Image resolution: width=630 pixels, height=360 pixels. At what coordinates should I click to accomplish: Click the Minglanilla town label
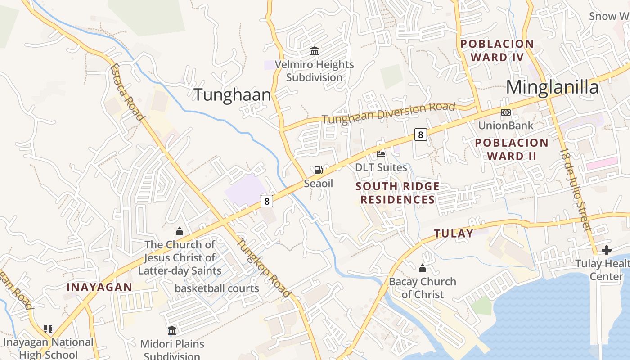[x=552, y=87]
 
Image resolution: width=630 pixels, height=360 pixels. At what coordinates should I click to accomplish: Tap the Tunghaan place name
[x=232, y=95]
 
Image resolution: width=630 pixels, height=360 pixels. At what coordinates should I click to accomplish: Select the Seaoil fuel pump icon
[x=318, y=170]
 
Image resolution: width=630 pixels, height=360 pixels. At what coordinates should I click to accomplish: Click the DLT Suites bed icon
[x=381, y=154]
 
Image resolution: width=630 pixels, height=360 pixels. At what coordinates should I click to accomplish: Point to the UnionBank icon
[x=505, y=112]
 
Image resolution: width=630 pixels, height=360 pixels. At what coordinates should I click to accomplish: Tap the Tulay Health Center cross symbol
[x=606, y=250]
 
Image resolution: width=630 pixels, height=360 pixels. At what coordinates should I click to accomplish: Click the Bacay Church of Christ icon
[x=422, y=269]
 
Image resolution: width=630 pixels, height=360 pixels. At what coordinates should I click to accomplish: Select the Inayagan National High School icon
[x=48, y=329]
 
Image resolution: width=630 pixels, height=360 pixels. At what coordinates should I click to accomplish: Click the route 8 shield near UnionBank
[x=420, y=135]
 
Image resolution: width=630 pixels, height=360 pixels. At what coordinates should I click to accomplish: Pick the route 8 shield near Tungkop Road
[x=267, y=201]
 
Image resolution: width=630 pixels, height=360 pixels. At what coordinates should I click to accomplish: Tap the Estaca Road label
[x=127, y=93]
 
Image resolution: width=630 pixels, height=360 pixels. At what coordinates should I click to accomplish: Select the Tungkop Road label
[x=264, y=267]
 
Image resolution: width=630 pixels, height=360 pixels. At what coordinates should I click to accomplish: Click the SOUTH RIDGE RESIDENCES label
[x=398, y=193]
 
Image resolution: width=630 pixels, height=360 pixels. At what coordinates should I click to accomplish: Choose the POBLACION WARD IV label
[x=497, y=50]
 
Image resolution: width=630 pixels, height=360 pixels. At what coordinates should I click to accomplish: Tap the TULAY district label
[x=454, y=234]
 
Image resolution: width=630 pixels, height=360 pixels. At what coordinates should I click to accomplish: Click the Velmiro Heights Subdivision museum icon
[x=315, y=51]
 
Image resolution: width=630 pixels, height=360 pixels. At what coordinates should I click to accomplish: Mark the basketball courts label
[x=217, y=288]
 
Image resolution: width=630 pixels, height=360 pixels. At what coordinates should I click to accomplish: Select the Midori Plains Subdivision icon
[x=172, y=331]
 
